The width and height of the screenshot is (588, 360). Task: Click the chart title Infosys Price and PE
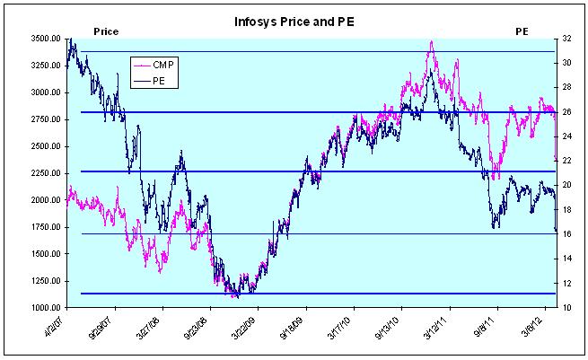[293, 21]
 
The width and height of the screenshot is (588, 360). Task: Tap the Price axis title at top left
[106, 31]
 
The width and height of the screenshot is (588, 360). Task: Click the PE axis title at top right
[521, 31]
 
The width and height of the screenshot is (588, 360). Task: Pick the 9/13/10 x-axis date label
[388, 326]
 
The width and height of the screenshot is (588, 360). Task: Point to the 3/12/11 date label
[436, 326]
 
